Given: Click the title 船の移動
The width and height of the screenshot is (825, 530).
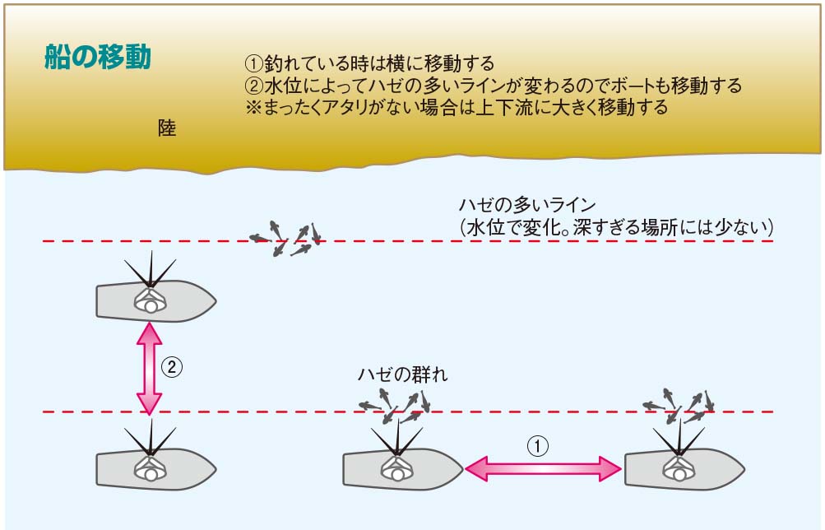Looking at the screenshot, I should (x=97, y=58).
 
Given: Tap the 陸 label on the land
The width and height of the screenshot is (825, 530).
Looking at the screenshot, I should (x=167, y=128).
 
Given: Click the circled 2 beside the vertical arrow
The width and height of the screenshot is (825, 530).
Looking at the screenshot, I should (x=170, y=366).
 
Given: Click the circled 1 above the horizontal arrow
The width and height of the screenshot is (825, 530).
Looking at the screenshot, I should (x=536, y=445).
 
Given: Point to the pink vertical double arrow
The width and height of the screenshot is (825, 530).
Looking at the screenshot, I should (x=149, y=367).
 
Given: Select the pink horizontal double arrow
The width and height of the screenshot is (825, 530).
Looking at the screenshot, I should (x=543, y=469).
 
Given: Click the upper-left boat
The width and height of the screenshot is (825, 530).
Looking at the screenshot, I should (x=155, y=301).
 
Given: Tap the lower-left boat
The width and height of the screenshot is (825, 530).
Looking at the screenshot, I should (x=155, y=470).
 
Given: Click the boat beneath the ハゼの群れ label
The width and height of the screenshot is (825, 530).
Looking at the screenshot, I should (x=402, y=470).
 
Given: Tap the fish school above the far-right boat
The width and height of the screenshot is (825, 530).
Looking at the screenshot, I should (x=679, y=405).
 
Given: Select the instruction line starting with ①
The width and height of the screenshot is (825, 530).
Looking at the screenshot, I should (x=370, y=63).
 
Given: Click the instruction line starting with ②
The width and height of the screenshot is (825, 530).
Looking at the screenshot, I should (x=494, y=86).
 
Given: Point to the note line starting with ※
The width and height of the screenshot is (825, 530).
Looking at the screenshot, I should (x=457, y=108).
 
